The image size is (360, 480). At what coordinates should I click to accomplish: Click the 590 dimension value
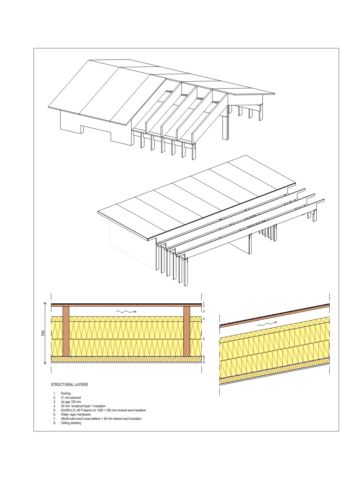(x=43, y=333)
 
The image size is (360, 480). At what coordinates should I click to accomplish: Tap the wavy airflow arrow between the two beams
(x=126, y=311)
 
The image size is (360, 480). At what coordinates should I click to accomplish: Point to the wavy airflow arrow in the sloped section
(x=267, y=324)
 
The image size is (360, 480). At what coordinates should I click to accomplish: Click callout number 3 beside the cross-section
(x=204, y=311)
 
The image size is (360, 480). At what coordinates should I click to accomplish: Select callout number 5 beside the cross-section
(x=204, y=339)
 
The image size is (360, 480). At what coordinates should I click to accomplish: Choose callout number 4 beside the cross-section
(x=204, y=319)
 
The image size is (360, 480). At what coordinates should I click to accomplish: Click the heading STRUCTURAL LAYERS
(x=69, y=384)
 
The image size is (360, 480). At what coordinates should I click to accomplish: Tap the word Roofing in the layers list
(x=66, y=393)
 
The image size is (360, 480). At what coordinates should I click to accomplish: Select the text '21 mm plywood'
(x=71, y=398)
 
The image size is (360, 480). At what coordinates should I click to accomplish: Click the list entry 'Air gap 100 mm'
(x=71, y=402)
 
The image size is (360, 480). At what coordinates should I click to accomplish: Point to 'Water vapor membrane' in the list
(x=76, y=414)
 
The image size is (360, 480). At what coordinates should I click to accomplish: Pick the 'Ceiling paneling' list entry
(x=71, y=423)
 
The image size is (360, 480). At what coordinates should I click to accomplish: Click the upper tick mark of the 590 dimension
(x=45, y=303)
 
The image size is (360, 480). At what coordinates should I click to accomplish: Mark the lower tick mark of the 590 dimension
(x=45, y=363)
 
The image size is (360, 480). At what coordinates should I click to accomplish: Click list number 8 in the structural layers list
(x=54, y=423)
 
